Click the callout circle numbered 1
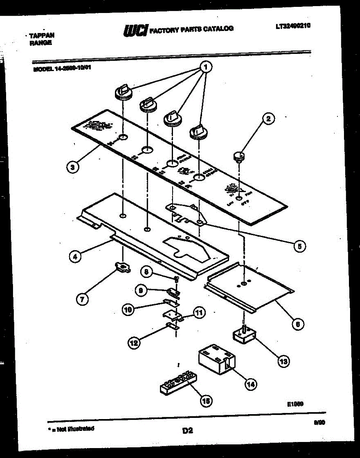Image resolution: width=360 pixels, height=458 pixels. [205, 67]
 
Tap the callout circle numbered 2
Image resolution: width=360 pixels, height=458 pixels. [268, 119]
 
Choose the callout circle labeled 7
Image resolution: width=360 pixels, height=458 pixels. [82, 299]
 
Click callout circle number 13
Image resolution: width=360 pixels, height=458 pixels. [283, 361]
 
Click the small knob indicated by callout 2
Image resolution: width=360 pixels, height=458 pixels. [239, 156]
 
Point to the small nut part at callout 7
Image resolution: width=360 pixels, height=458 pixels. [122, 268]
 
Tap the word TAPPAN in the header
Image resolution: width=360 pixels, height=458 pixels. [42, 35]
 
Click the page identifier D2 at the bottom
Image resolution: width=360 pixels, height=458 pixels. [187, 431]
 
